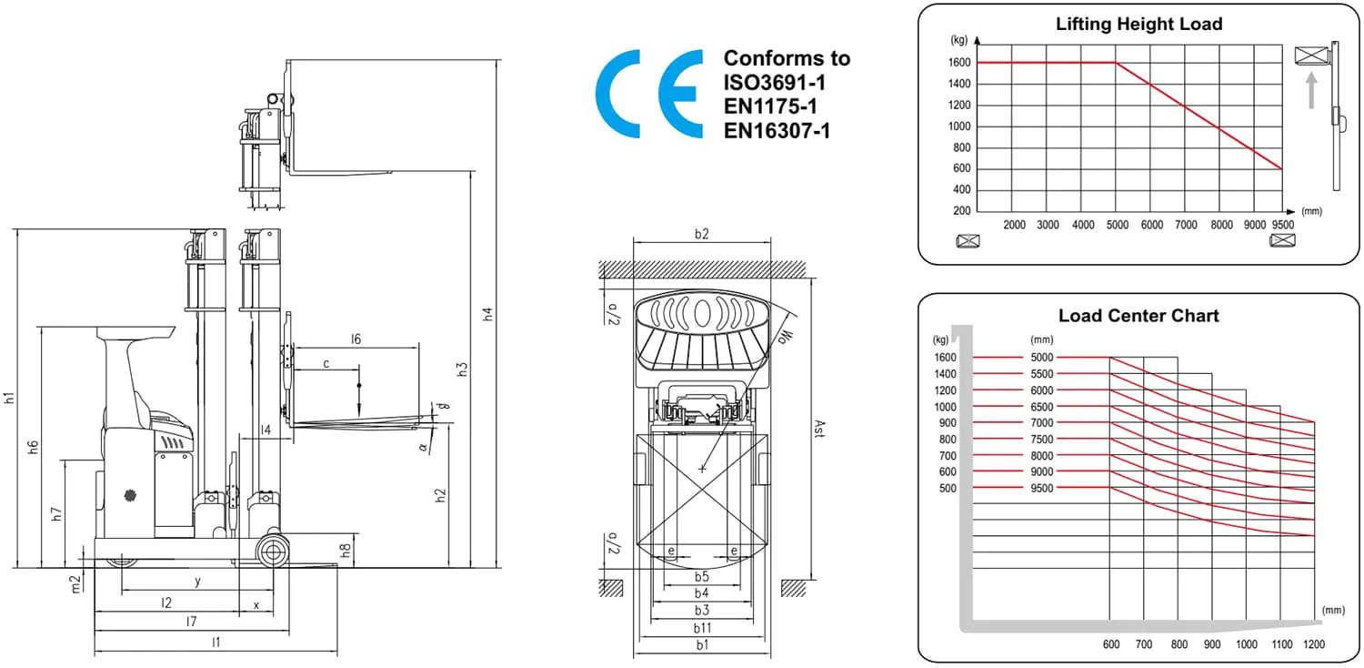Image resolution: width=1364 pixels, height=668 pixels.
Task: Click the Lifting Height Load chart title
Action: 1138,25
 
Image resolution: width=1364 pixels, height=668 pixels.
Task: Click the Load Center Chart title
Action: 1138,316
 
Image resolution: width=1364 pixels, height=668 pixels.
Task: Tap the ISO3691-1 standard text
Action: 775,82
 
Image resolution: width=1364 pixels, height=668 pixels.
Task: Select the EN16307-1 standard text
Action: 777,131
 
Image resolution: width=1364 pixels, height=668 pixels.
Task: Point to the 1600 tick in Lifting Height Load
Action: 959,62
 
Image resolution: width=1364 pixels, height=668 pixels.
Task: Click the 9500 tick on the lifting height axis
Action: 1282,225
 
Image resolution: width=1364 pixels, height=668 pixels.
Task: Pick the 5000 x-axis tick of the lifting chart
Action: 1117,225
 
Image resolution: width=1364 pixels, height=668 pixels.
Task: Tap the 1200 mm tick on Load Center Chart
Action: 1313,644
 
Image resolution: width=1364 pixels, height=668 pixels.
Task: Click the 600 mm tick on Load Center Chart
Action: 1110,644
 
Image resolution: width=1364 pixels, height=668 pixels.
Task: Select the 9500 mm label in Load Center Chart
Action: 1042,488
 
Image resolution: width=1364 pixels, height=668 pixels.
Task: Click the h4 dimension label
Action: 487,315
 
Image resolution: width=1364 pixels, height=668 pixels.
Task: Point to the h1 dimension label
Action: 8,398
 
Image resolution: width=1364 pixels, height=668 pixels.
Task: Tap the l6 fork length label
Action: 356,339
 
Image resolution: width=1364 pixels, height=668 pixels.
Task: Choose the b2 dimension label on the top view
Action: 701,234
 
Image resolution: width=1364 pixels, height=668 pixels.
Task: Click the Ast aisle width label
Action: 819,428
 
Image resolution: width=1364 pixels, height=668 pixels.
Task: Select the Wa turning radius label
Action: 787,336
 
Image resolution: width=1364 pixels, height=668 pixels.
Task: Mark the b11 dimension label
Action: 702,628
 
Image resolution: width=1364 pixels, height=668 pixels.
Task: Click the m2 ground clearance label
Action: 75,584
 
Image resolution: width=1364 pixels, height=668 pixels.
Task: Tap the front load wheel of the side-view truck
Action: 272,552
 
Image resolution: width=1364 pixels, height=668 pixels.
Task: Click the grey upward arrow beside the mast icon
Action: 1311,91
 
